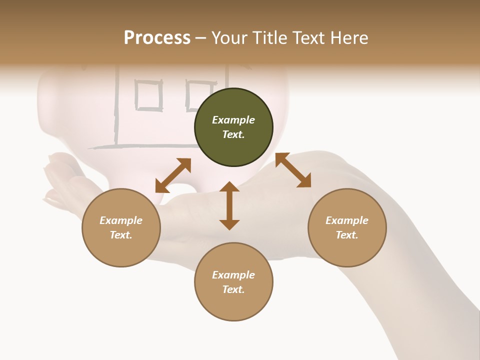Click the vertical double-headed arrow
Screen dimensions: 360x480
[229, 205]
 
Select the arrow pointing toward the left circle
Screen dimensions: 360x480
[173, 175]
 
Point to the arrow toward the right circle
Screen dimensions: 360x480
[293, 170]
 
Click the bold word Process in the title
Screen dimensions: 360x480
[157, 38]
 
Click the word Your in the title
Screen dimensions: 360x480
[229, 38]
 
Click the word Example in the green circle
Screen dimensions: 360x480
[233, 120]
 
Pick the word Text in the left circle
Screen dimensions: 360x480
[120, 235]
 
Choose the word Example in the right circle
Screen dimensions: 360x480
[347, 220]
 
